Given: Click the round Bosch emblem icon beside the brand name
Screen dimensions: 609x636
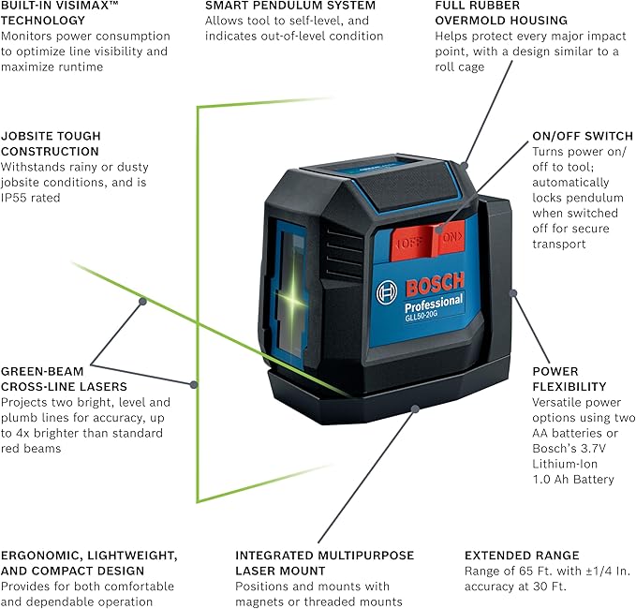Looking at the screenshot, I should [x=388, y=292].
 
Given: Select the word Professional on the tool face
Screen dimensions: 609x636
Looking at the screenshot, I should [x=434, y=303].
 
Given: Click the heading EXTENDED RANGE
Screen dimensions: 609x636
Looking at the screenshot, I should [x=522, y=555].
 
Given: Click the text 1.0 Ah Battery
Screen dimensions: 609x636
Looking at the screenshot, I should [x=573, y=479].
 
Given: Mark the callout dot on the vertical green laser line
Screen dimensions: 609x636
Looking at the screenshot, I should [x=194, y=383].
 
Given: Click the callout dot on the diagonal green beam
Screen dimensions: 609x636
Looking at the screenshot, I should [x=142, y=301].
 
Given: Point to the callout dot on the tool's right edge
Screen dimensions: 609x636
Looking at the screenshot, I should [x=512, y=293].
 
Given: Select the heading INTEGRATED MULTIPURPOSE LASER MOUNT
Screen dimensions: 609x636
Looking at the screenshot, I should [x=324, y=563].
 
